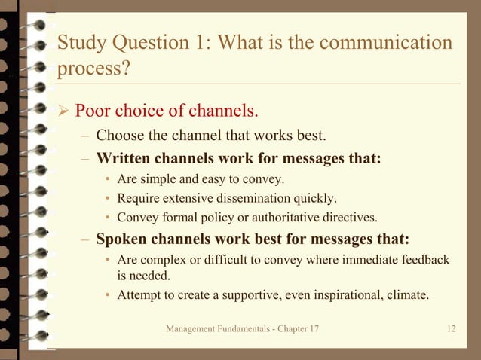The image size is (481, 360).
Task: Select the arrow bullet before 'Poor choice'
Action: coord(63,112)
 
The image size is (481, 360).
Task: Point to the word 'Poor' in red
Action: coord(94,111)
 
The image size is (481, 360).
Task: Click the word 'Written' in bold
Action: coord(124,159)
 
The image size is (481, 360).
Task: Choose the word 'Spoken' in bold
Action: coord(123,240)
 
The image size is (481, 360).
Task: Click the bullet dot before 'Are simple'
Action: coord(109,180)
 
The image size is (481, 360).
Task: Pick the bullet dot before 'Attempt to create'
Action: coord(109,295)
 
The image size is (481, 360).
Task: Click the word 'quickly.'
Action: coord(317,199)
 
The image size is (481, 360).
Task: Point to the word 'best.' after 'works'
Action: coord(311,136)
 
